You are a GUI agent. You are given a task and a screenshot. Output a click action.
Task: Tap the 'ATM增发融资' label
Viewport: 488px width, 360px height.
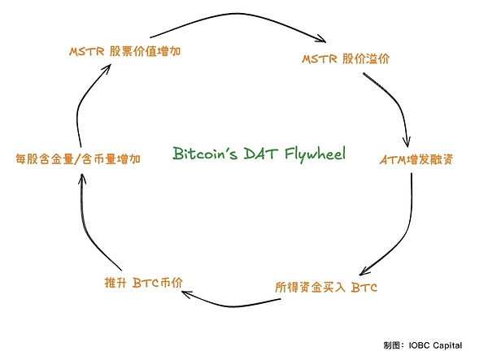point(416,158)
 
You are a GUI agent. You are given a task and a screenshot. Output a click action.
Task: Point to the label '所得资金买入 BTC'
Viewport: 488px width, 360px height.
point(326,287)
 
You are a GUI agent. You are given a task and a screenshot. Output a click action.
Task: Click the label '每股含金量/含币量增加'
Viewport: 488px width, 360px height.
point(79,158)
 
